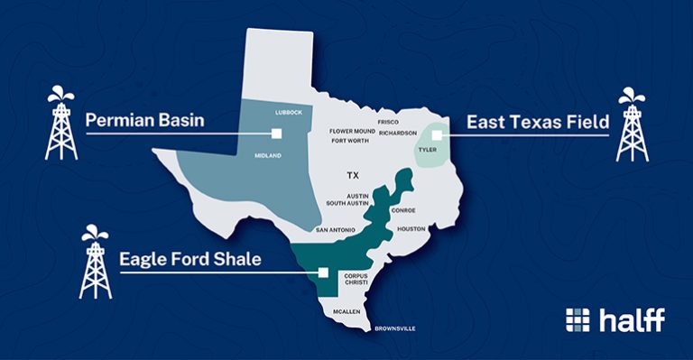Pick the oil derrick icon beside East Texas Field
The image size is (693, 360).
point(631,124)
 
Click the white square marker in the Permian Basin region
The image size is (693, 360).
point(276,134)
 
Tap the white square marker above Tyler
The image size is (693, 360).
point(436,134)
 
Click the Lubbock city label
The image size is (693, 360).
point(291,113)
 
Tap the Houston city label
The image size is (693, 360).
point(411,229)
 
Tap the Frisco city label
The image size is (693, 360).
point(388,121)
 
